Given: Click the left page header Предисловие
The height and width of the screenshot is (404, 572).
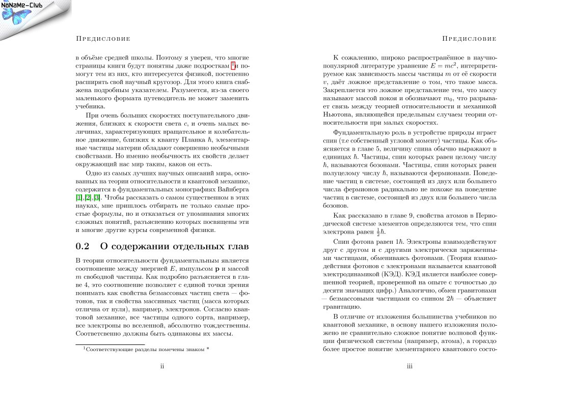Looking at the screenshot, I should (x=102, y=39).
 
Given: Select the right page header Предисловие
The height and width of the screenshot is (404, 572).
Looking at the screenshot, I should (x=469, y=39).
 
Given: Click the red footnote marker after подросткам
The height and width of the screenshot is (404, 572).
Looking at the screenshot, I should (x=232, y=65).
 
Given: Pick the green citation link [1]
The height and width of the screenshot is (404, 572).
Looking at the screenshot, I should (x=78, y=197).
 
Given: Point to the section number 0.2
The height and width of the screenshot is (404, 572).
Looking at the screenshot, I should (x=82, y=247).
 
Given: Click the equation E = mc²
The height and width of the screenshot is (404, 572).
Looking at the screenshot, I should (x=442, y=66).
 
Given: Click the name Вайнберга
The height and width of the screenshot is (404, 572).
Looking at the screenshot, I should (x=233, y=189).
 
